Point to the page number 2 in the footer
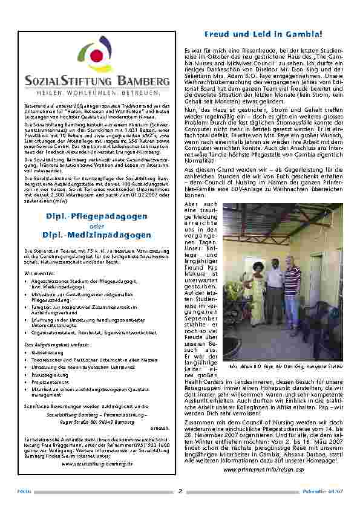pos(180,491)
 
